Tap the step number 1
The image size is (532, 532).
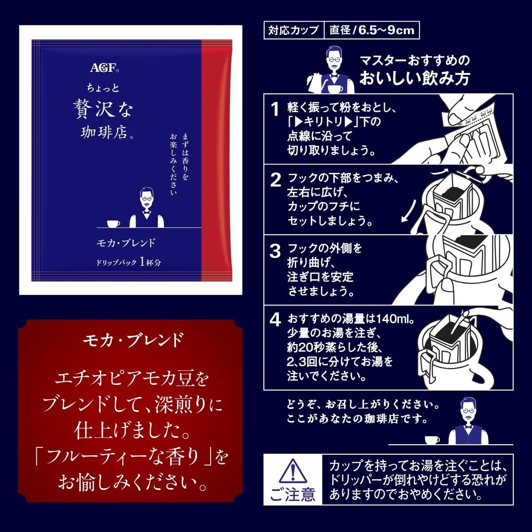pyautogui.click(x=275, y=110)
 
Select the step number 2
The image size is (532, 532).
pyautogui.click(x=275, y=180)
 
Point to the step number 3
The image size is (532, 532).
pyautogui.click(x=275, y=251)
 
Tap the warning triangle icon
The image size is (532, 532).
pyautogui.click(x=293, y=471)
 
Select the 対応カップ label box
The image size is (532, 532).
pyautogui.click(x=294, y=30)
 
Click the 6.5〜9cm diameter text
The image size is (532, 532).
pyautogui.click(x=387, y=30)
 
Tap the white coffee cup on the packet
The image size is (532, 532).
pyautogui.click(x=113, y=223)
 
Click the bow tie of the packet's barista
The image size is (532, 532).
pyautogui.click(x=147, y=213)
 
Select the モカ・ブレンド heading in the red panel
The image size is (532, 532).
pyautogui.click(x=133, y=340)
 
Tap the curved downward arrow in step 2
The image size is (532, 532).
pyautogui.click(x=409, y=211)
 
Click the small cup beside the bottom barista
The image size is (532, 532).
pyautogui.click(x=432, y=440)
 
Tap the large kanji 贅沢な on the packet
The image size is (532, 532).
pyautogui.click(x=103, y=110)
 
